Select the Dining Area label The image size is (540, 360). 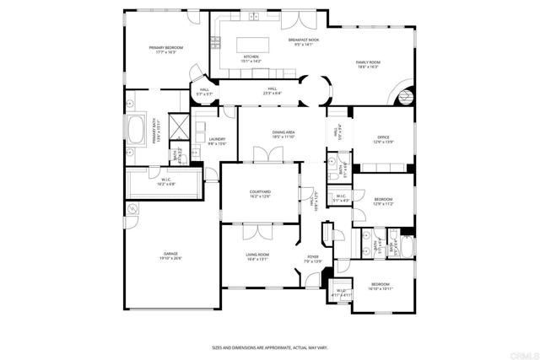[283, 133]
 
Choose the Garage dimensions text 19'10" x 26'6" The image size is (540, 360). [172, 258]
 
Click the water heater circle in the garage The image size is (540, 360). [132, 208]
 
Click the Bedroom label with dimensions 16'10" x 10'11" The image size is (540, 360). [381, 287]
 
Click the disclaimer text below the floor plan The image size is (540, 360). [269, 347]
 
